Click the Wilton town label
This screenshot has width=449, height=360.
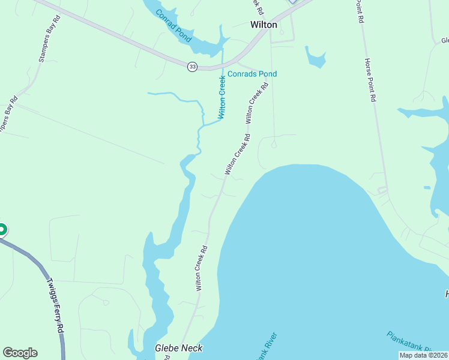click(x=263, y=25)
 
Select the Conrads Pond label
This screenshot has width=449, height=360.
click(x=252, y=74)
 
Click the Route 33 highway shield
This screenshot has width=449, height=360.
click(x=192, y=67)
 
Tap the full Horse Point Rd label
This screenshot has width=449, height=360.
click(x=369, y=80)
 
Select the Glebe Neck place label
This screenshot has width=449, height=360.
click(x=178, y=348)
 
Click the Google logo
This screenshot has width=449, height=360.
click(x=20, y=353)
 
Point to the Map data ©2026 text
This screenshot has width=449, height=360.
click(x=423, y=355)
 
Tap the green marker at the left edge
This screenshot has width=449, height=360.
click(x=2, y=229)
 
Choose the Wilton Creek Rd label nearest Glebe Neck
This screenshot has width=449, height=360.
click(x=202, y=268)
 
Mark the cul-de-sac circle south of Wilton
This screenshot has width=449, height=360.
click(x=274, y=144)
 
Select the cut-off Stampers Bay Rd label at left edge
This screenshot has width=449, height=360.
click(x=8, y=115)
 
